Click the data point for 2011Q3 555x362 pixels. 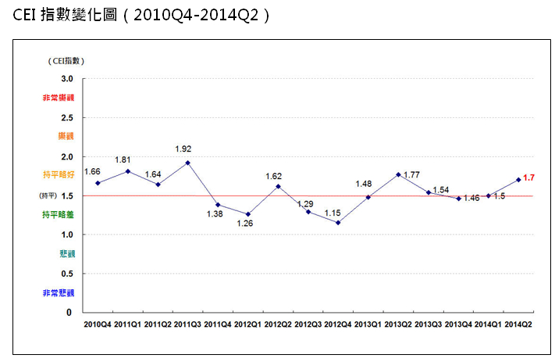pos(188,163)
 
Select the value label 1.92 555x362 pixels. pos(183,149)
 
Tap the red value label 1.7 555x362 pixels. pos(528,177)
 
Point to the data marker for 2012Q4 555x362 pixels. pos(338,223)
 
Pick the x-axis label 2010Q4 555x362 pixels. pos(98,323)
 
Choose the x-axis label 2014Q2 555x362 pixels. pos(519,323)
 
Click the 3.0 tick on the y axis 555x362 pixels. pos(66,79)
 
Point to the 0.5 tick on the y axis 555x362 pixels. pos(66,274)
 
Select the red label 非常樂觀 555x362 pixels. pos(59,98)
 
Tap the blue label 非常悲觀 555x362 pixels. pos(59,292)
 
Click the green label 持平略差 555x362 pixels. pos(59,214)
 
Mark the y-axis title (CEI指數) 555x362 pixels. pos(64,60)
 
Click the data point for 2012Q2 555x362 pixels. pos(278,186)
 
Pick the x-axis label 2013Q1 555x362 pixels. pos(368,323)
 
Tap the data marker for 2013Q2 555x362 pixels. pos(399,174)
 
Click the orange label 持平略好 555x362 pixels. pos(59,175)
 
